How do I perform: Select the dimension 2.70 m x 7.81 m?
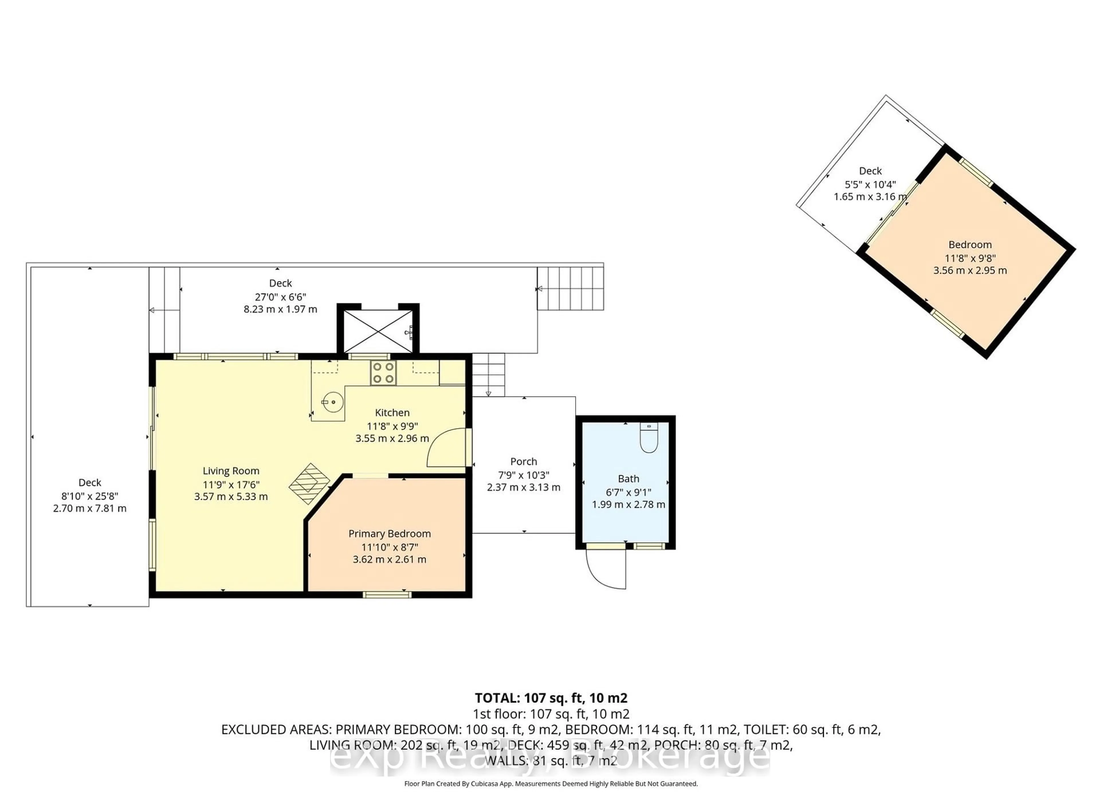pos(90,508)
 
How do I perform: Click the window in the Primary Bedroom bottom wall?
pos(387,594)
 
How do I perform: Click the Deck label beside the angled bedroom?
pos(870,171)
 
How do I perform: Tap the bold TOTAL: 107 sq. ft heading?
pos(551,698)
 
